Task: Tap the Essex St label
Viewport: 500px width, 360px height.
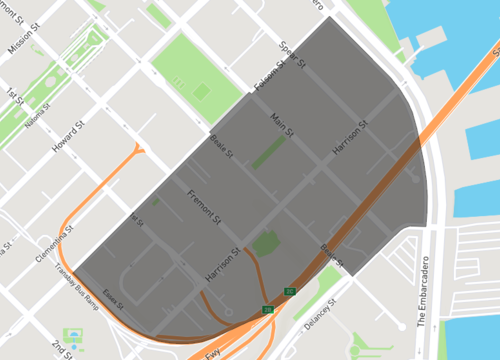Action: click(110, 300)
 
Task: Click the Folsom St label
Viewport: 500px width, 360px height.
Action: click(269, 79)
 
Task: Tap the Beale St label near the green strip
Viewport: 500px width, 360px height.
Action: click(220, 147)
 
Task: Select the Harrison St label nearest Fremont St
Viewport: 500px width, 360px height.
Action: click(222, 261)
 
